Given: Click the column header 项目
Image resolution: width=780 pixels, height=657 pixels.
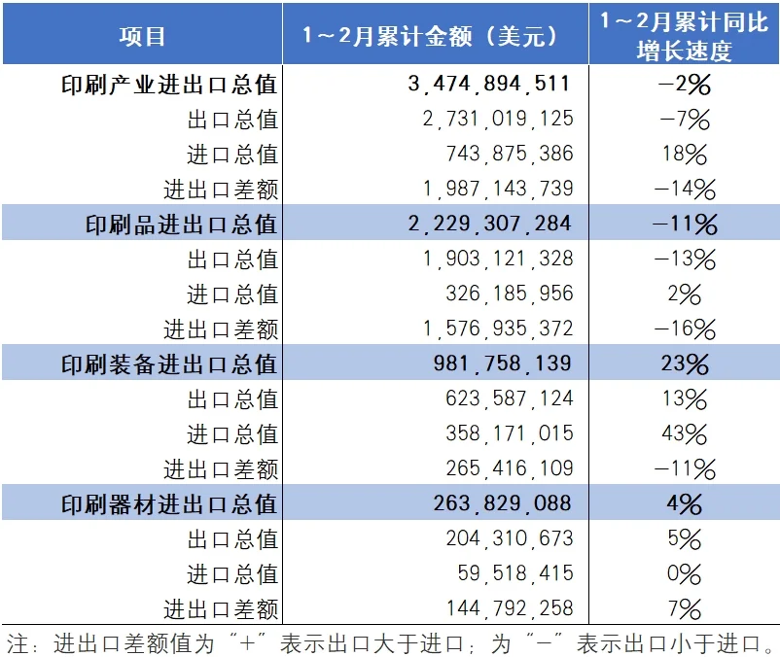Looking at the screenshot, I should pyautogui.click(x=142, y=36).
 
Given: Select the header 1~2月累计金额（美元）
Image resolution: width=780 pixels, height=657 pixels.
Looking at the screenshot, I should pyautogui.click(x=435, y=36).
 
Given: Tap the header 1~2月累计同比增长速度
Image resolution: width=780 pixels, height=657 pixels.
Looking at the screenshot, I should pyautogui.click(x=684, y=36).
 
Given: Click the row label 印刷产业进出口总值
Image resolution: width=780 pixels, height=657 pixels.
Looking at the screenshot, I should pyautogui.click(x=168, y=85).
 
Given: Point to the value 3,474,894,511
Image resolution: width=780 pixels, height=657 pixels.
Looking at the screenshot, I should pyautogui.click(x=488, y=85).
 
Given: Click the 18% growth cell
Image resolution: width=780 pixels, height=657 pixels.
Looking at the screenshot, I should pyautogui.click(x=684, y=155).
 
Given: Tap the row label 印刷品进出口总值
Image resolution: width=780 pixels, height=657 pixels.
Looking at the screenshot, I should pyautogui.click(x=182, y=225).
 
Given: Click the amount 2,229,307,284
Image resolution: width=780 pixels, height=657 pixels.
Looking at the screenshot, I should pyautogui.click(x=488, y=225).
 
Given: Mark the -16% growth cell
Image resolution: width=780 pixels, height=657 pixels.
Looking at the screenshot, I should pyautogui.click(x=684, y=329).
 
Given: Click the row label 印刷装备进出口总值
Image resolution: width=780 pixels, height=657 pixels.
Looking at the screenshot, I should pyautogui.click(x=168, y=364).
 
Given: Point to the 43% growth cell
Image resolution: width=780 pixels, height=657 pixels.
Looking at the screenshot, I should pyautogui.click(x=684, y=434).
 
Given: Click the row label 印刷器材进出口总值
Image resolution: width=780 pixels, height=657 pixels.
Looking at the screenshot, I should pyautogui.click(x=168, y=504).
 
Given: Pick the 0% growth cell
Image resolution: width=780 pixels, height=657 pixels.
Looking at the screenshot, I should pyautogui.click(x=684, y=574).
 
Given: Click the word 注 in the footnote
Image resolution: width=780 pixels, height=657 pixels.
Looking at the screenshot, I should pyautogui.click(x=18, y=642).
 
